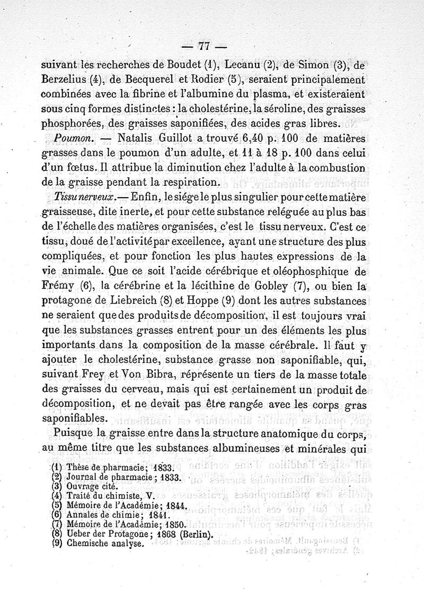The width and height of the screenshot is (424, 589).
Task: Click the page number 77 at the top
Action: pos(211,46)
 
